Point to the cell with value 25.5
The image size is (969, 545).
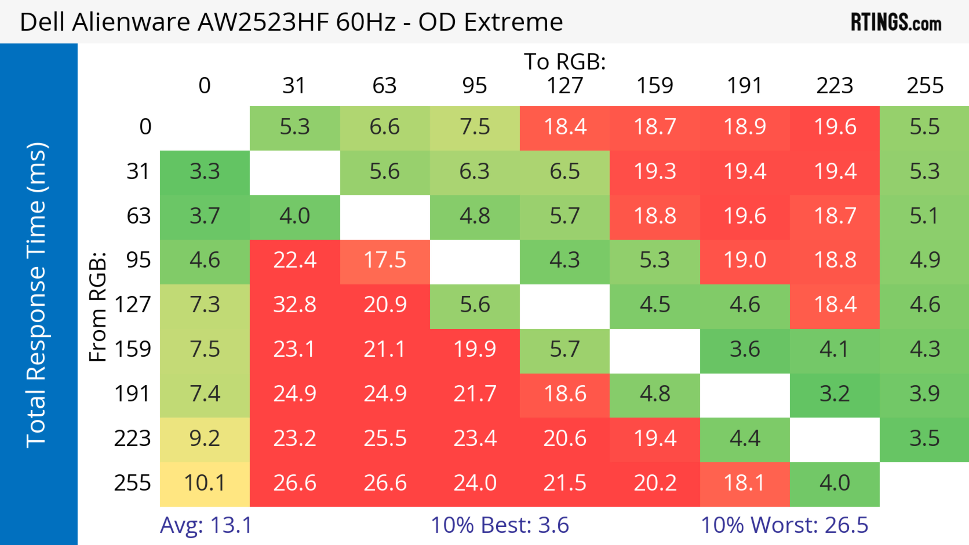[x=385, y=439]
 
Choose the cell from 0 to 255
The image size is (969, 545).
[x=924, y=127]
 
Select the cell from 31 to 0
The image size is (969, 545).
[x=205, y=172]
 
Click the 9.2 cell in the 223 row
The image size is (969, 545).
[x=205, y=439]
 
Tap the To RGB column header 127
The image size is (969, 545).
[x=565, y=86]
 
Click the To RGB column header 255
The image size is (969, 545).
[x=925, y=86]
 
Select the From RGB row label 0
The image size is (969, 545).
[x=145, y=127]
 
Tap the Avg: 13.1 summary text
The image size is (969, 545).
[x=206, y=525]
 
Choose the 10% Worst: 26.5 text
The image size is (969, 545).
[x=784, y=525]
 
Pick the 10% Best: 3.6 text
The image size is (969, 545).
[x=500, y=525]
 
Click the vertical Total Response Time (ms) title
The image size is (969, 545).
[x=37, y=295]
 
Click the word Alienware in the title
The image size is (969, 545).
[x=131, y=22]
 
